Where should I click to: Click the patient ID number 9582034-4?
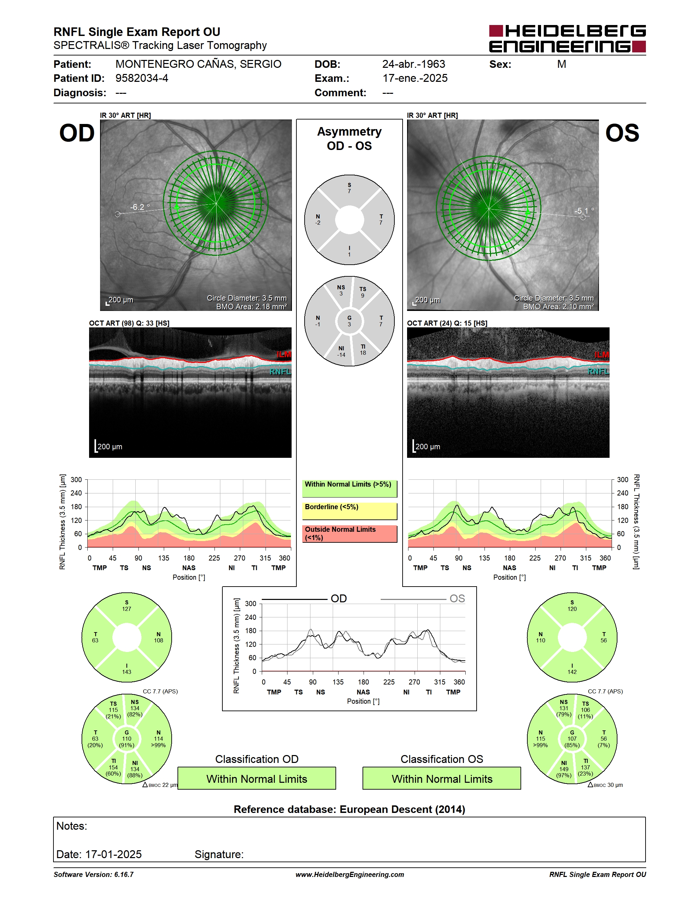[142, 78]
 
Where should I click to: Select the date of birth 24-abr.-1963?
[413, 64]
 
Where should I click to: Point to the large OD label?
[77, 133]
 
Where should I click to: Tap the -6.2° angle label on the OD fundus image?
[139, 207]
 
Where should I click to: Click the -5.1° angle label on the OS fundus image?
[584, 211]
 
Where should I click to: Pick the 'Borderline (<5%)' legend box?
[349, 511]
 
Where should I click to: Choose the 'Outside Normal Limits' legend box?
[349, 533]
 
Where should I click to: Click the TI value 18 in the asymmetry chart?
[363, 353]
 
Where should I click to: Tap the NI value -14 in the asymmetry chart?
[341, 355]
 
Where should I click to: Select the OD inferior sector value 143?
[127, 672]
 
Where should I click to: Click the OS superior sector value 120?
[572, 609]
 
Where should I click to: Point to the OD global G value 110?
[127, 738]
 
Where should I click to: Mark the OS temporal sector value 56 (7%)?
[604, 742]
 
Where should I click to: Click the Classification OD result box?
[257, 778]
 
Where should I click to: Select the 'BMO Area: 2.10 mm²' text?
[558, 307]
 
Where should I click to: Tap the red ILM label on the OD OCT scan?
[284, 355]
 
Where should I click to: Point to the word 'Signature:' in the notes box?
[219, 854]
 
